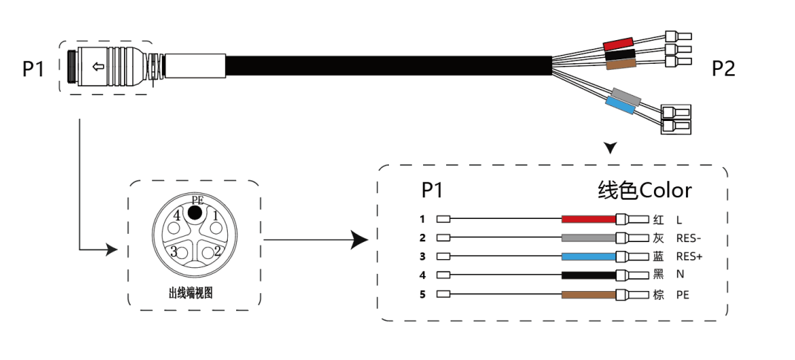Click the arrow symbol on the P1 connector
coord(96,68)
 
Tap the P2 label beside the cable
coord(723,69)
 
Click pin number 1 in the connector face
coord(215,216)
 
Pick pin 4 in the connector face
coord(177,216)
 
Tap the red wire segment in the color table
coord(589,220)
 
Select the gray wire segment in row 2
coord(589,238)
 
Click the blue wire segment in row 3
coord(589,257)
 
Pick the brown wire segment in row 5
coord(589,294)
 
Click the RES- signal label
coord(689,238)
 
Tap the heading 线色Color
coord(644,191)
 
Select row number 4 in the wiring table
coord(422,275)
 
